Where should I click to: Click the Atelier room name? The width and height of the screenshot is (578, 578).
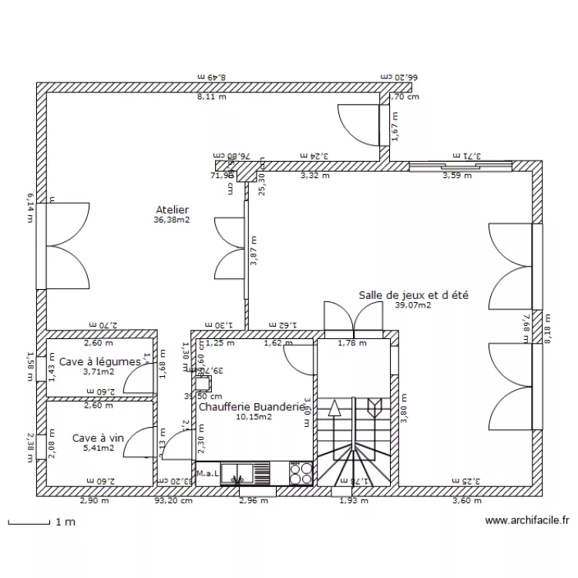pyautogui.click(x=172, y=209)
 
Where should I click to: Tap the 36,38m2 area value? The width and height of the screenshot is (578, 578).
pyautogui.click(x=172, y=220)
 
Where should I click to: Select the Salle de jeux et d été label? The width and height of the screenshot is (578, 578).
pyautogui.click(x=414, y=294)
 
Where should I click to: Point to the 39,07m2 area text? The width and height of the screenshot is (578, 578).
pyautogui.click(x=412, y=305)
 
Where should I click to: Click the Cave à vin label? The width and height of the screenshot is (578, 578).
pyautogui.click(x=97, y=438)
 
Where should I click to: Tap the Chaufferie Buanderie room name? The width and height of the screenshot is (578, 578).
pyautogui.click(x=252, y=406)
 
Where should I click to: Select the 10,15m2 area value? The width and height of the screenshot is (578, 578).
pyautogui.click(x=253, y=417)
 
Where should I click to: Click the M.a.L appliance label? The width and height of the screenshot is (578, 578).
pyautogui.click(x=207, y=473)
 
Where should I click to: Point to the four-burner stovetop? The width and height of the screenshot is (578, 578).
pyautogui.click(x=301, y=472)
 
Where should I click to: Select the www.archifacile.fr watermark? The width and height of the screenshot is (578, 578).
pyautogui.click(x=527, y=521)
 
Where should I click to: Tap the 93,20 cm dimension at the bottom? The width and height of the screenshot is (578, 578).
pyautogui.click(x=173, y=500)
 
